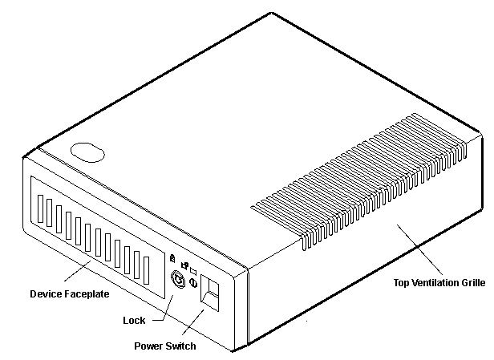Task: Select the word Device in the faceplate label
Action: point(47,295)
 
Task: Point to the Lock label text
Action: point(134,321)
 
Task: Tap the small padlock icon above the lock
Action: point(172,257)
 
